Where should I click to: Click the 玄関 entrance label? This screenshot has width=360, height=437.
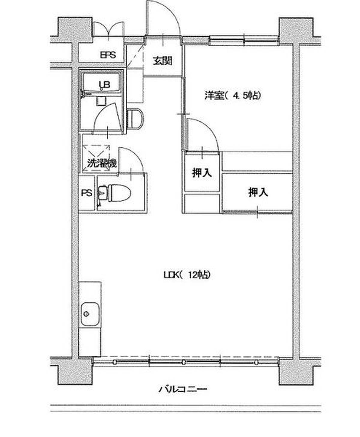coord(163,61)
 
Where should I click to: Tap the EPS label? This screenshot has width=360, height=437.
coord(108,55)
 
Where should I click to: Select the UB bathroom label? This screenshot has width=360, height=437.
coord(104,85)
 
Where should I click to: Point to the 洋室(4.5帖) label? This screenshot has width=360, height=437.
coord(232,96)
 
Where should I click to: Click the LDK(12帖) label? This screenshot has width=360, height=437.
coord(187,275)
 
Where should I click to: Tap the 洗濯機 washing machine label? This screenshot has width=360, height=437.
coord(102,163)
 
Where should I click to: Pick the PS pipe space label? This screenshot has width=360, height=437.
coord(87,193)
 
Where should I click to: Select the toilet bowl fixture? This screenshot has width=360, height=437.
coord(115,192)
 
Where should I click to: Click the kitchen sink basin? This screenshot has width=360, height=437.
coord(90,314)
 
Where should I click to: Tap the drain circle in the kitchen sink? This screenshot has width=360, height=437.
coord(86,314)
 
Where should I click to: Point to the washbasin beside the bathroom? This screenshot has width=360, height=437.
coord(135,118)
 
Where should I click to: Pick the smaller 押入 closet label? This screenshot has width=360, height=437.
coord(202,173)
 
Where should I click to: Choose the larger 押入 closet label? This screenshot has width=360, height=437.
coord(258,192)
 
